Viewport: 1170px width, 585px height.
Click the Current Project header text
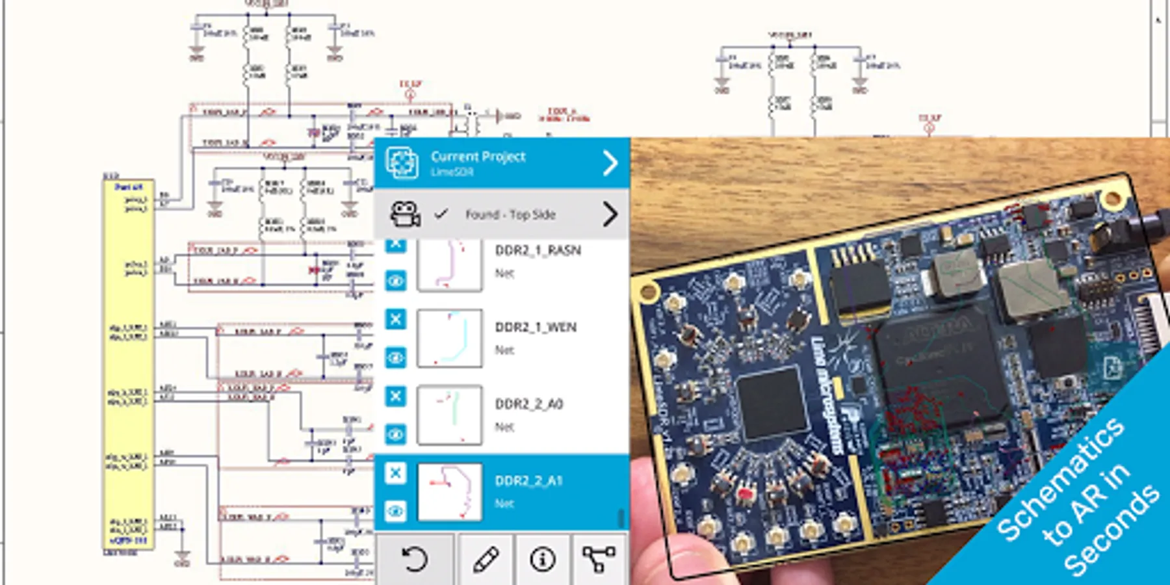pyautogui.click(x=478, y=157)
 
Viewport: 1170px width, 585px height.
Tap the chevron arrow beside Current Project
pyautogui.click(x=610, y=163)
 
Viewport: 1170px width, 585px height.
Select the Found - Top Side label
pyautogui.click(x=510, y=214)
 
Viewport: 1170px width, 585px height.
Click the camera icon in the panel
pyautogui.click(x=404, y=214)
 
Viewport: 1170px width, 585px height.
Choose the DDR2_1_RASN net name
pyautogui.click(x=538, y=251)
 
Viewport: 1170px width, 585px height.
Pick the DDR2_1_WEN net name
pyautogui.click(x=536, y=328)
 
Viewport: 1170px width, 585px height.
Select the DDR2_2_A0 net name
pyautogui.click(x=529, y=404)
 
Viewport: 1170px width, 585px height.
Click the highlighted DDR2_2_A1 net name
pyautogui.click(x=528, y=481)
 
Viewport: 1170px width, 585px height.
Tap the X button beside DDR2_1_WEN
pyautogui.click(x=395, y=319)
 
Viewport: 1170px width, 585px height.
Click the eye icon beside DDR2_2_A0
pyautogui.click(x=395, y=434)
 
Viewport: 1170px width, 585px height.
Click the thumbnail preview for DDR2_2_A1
pyautogui.click(x=449, y=492)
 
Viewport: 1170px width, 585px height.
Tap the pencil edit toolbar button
pyautogui.click(x=486, y=559)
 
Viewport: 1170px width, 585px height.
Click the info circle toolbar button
pyautogui.click(x=542, y=559)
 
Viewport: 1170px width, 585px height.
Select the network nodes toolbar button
pyautogui.click(x=599, y=559)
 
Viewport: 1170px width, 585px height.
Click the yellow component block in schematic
pyautogui.click(x=129, y=364)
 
